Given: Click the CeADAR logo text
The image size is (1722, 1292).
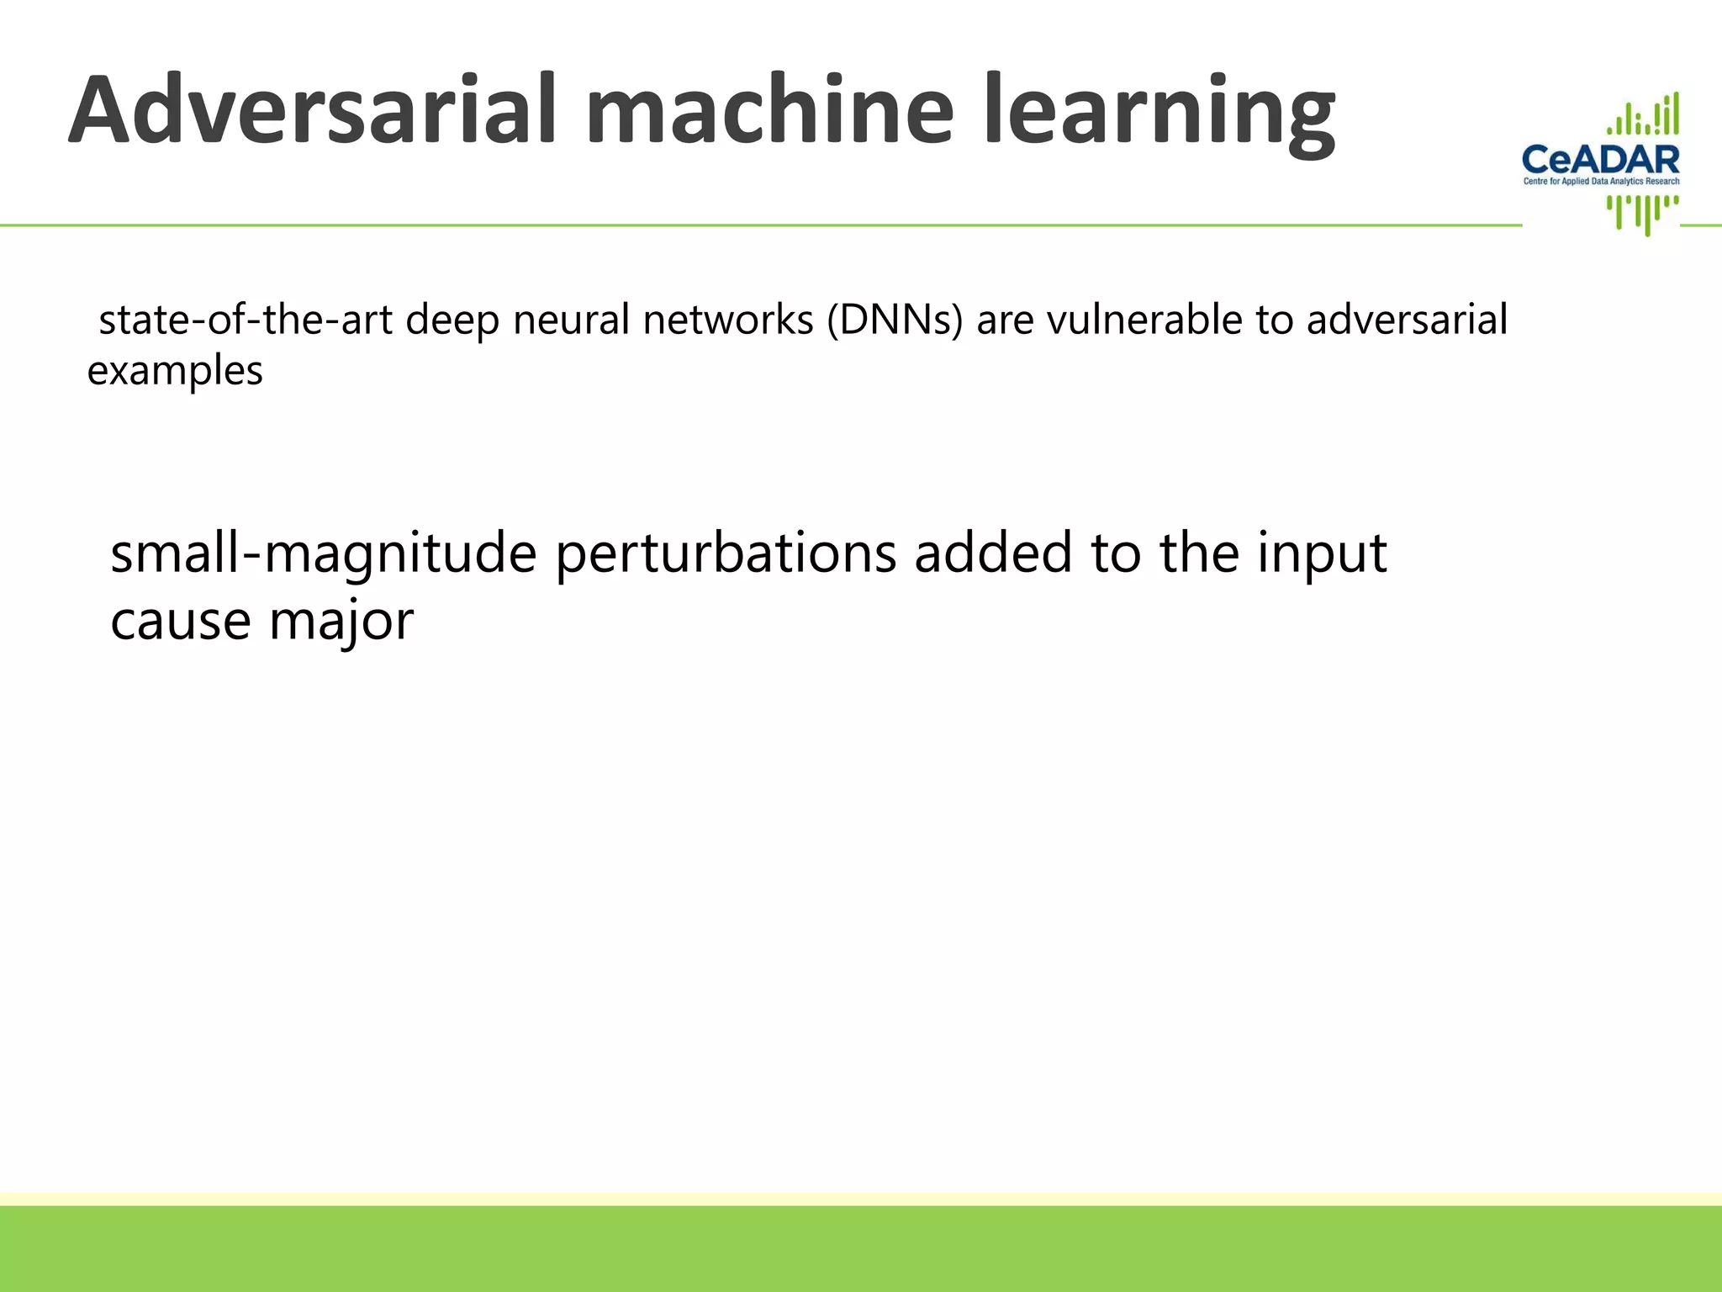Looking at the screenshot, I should click(1601, 159).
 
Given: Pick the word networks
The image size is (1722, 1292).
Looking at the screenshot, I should click(728, 320).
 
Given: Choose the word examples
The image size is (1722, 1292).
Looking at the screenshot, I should click(175, 372).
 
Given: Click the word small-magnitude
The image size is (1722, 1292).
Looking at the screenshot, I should click(323, 555).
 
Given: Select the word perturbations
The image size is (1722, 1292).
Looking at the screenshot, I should click(726, 555).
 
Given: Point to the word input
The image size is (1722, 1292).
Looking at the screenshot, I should click(1322, 555).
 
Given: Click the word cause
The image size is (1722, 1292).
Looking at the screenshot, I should click(181, 622).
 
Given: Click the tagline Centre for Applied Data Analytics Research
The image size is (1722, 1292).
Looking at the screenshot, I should click(1601, 182).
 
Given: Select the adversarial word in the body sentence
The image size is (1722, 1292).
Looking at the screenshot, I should click(1407, 320).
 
